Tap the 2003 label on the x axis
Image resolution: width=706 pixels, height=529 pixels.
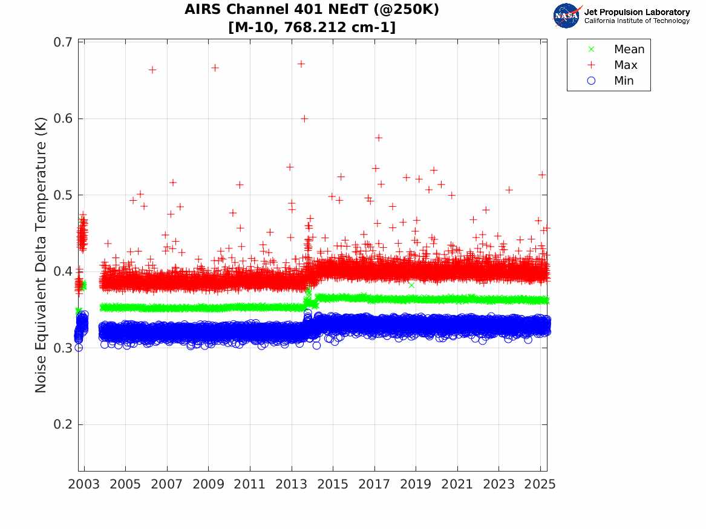(84, 484)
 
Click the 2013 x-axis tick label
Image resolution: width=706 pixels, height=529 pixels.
(292, 484)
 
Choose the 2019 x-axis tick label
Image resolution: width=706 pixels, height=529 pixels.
(416, 484)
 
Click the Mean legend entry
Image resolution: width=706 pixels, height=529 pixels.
(629, 50)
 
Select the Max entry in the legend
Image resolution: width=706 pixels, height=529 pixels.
(626, 65)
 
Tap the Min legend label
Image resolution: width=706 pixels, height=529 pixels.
(624, 81)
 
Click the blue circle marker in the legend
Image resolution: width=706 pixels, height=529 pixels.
(592, 81)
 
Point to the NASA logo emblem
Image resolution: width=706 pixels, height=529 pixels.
(567, 16)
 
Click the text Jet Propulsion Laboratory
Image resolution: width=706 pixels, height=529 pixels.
(636, 12)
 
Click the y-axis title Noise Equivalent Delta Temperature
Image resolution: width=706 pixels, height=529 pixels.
(41, 267)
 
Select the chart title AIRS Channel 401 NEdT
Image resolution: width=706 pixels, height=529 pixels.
(312, 10)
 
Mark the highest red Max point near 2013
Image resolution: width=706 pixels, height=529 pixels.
(301, 63)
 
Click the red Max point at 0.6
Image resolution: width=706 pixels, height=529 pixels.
(304, 118)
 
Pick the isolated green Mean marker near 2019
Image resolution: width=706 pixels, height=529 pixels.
(411, 285)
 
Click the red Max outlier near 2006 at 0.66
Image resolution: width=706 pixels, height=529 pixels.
(152, 70)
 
